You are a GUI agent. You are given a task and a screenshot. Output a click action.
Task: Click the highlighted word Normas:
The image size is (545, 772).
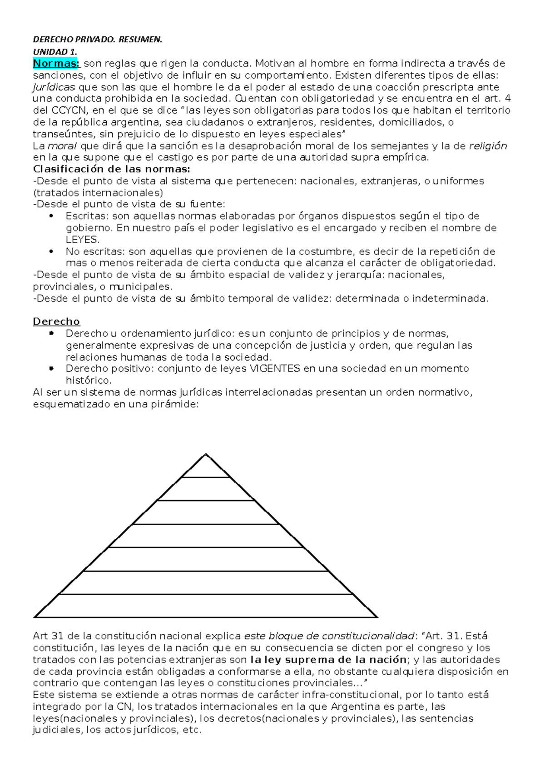pos(56,63)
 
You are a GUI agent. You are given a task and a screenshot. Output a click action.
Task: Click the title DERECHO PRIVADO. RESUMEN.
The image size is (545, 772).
pos(97,40)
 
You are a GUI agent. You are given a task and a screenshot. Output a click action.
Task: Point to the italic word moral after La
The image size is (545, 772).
pos(63,146)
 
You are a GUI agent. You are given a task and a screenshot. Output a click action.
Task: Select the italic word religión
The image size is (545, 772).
pos(488,146)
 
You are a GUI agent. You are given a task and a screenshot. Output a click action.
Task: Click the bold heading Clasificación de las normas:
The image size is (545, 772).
pos(112,169)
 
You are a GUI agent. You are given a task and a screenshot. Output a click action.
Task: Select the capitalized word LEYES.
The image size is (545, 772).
pos(82,240)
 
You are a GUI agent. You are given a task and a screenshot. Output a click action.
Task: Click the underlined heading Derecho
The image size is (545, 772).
pos(56,322)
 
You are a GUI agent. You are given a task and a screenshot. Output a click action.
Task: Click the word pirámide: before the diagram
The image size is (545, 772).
pos(176,404)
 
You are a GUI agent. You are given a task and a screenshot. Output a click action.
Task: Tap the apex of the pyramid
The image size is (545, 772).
pos(206,454)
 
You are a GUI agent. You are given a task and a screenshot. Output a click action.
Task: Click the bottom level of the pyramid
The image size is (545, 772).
pos(206,606)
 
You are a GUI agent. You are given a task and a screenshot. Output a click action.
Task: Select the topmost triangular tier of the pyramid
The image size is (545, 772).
pos(206,468)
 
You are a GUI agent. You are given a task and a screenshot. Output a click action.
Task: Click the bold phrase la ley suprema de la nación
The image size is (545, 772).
pos(328,660)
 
